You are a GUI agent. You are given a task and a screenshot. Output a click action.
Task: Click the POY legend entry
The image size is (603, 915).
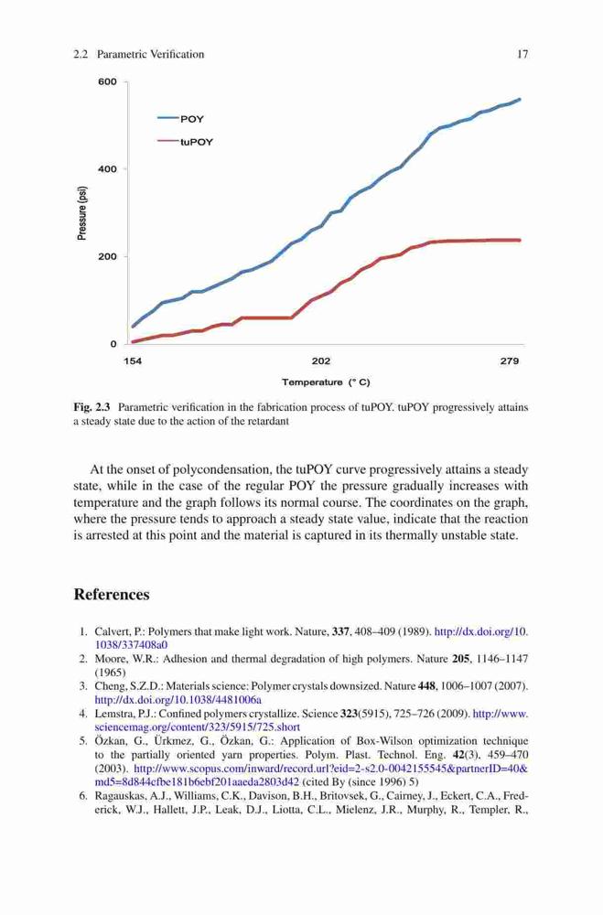point(181,119)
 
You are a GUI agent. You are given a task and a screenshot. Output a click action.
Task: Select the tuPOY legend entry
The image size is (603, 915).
point(186,142)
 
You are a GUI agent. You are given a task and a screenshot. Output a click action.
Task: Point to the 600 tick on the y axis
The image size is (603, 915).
point(107,81)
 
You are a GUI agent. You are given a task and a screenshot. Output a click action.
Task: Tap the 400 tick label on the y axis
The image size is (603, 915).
point(107,169)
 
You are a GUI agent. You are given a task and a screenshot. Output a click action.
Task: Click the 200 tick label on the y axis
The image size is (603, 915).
point(107,257)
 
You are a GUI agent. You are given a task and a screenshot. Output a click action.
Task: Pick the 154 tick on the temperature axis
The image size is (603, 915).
point(133,361)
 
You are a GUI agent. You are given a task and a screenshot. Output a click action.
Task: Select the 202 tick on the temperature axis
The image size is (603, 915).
point(321,361)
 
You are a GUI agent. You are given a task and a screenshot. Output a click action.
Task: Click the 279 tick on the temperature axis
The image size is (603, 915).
point(510,361)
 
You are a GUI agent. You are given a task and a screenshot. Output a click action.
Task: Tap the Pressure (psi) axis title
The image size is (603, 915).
point(82,213)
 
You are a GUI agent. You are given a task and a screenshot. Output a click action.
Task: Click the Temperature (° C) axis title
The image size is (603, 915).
point(326,382)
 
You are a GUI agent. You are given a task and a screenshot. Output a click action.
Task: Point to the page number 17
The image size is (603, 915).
point(522,54)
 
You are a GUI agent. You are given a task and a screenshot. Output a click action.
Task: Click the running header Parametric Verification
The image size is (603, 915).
point(151,54)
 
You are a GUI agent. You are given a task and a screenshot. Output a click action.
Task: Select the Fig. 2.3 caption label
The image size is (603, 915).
point(92,407)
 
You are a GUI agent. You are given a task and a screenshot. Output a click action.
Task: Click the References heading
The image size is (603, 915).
point(112,595)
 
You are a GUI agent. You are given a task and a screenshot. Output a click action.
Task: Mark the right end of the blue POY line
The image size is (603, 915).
point(520,99)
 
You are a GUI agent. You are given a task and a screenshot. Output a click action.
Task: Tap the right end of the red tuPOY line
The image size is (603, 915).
point(520,240)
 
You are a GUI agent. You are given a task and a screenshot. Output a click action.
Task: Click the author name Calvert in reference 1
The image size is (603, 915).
point(112,632)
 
